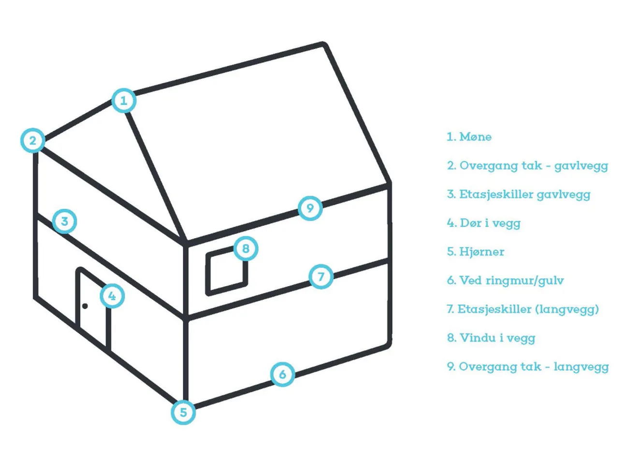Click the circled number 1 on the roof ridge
point(124,101)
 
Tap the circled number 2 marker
point(33,141)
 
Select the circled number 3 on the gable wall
point(64,221)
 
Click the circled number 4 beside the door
point(112,296)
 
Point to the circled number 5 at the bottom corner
point(183,413)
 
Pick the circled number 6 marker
point(283,374)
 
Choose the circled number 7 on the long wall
point(321,277)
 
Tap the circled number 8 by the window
point(246,248)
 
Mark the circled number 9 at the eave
point(310,208)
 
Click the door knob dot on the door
point(85,306)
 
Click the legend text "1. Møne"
point(469,137)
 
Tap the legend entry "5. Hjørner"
point(476,252)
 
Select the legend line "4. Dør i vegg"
point(483,223)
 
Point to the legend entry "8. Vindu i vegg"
point(491,338)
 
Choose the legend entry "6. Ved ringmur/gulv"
point(505,281)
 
